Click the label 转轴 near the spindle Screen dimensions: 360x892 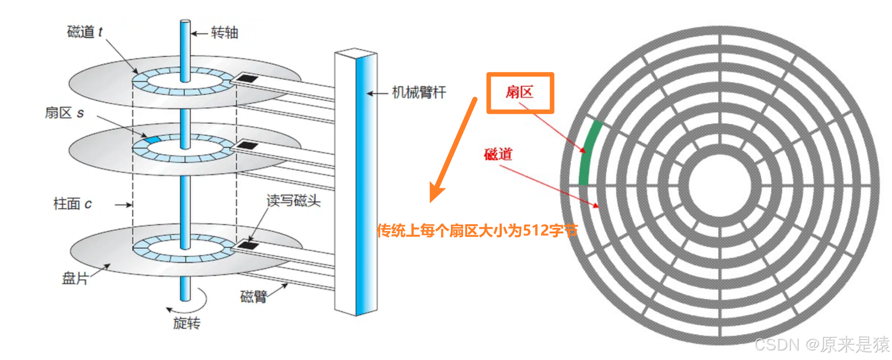point(224,33)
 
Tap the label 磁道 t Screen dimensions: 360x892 point(85,32)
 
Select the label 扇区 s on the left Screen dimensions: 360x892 point(64,113)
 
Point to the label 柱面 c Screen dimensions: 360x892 point(72,204)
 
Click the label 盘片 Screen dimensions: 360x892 point(75,278)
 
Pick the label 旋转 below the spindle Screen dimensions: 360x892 point(186,323)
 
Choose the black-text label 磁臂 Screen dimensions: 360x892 point(253,297)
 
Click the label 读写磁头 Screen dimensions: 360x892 point(294,201)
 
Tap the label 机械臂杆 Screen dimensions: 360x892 point(419,93)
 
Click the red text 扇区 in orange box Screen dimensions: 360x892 point(519,92)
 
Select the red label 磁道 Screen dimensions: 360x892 point(498,154)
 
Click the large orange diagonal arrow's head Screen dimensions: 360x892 point(435,194)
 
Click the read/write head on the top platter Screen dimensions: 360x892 point(247,78)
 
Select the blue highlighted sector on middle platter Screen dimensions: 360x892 point(152,139)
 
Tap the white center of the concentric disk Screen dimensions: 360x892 point(720,185)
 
